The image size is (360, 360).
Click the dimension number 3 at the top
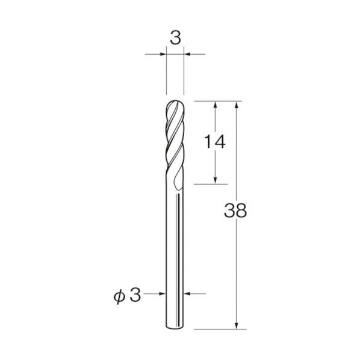175,38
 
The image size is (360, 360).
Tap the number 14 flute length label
215,141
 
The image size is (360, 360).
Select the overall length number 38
235,210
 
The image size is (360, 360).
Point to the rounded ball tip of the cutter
175,104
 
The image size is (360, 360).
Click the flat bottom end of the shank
175,327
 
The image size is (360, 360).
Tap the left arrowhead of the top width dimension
163,54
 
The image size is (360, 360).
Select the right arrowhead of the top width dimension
187,54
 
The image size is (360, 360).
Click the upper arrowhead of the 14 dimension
215,105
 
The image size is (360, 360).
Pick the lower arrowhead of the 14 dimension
215,181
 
